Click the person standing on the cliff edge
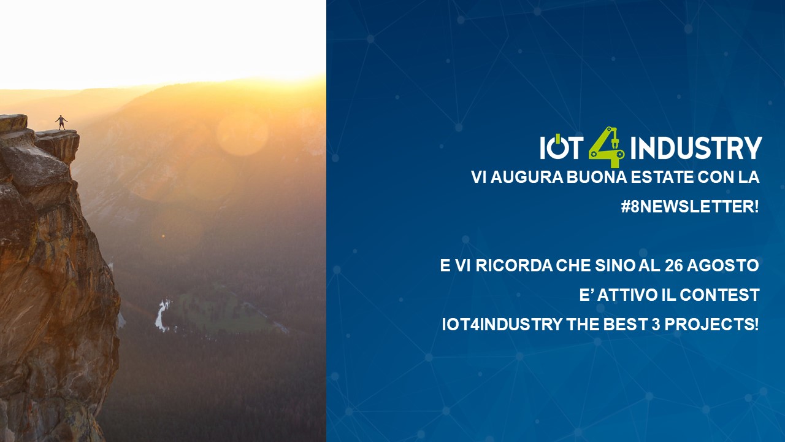coord(61,122)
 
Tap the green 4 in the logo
coord(607,147)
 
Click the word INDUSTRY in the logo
coord(696,148)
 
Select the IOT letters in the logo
coord(562,147)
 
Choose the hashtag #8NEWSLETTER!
coord(690,207)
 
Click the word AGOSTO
coord(723,266)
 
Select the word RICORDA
coord(514,266)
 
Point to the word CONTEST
coord(719,295)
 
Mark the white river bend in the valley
coord(162,316)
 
